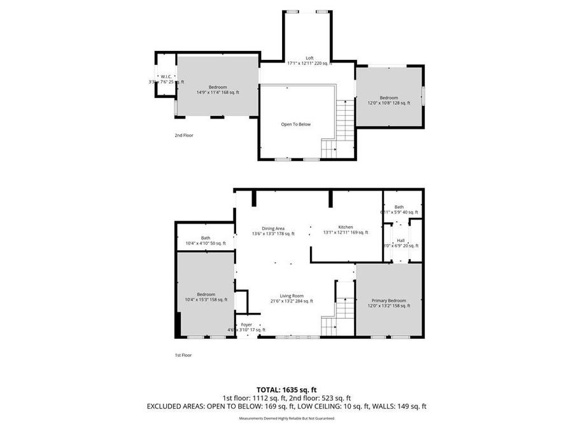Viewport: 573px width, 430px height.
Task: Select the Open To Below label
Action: point(296,124)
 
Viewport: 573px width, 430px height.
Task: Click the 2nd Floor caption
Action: point(184,135)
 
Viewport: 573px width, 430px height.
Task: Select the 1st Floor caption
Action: point(183,355)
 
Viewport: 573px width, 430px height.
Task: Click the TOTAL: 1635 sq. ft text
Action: point(286,389)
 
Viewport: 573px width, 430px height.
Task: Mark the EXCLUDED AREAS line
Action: point(286,406)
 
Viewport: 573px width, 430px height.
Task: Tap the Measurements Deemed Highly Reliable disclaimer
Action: point(286,419)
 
